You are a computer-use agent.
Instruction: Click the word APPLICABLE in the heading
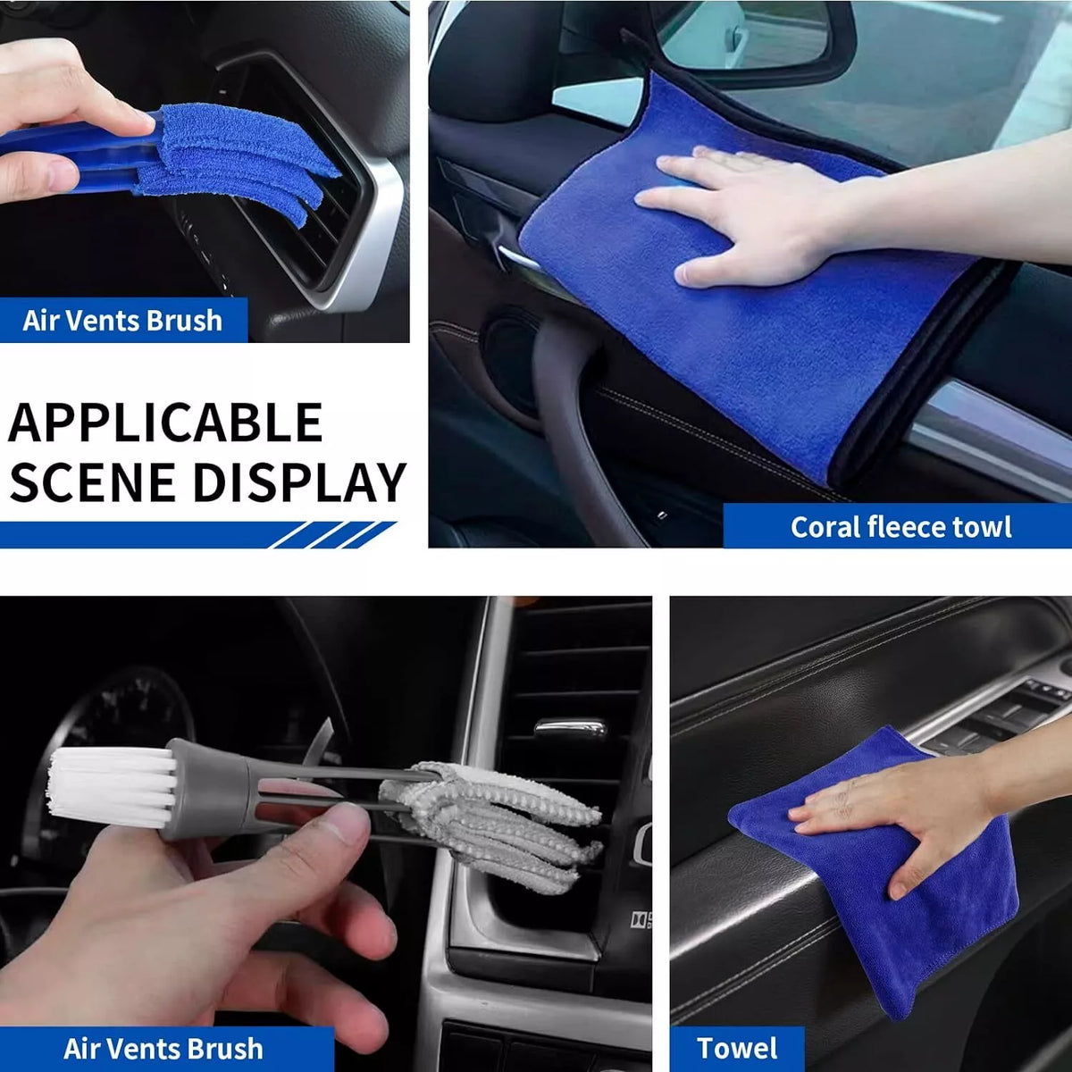[165, 423]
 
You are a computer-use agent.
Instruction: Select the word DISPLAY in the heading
[299, 482]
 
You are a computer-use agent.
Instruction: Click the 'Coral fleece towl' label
[900, 527]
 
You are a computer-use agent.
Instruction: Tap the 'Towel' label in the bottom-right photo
[737, 1048]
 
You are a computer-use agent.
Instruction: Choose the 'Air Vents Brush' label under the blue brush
[122, 320]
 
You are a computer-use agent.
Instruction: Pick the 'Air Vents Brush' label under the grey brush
[163, 1048]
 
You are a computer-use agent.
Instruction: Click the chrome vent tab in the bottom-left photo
[570, 728]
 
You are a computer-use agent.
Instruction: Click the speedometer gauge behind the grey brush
[134, 715]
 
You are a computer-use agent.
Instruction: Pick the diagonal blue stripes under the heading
[331, 534]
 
